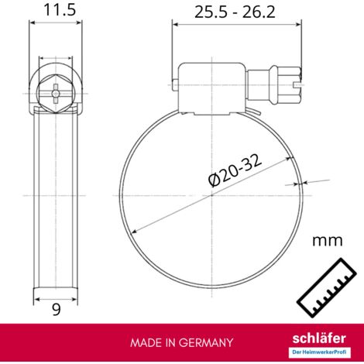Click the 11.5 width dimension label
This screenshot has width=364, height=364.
60,10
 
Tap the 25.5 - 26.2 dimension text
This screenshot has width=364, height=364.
235,12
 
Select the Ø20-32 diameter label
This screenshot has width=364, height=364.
235,170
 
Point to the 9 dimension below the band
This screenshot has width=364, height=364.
57,310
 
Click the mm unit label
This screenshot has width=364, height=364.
328,241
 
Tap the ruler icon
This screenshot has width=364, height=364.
327,287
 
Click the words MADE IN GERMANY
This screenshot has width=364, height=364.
181,342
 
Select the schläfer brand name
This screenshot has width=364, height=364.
319,338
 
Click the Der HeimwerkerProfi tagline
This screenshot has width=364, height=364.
319,352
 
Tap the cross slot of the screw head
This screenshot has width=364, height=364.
56,94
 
